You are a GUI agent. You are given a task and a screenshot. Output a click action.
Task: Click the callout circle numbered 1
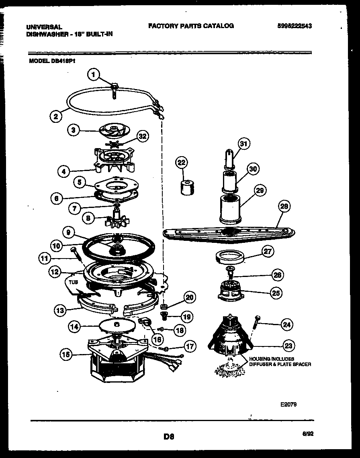93,74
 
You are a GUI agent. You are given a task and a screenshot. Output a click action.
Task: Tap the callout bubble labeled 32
141,136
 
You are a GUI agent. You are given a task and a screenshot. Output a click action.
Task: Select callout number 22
182,163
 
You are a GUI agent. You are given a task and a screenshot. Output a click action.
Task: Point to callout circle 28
284,207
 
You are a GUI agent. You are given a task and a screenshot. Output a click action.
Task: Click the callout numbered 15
66,354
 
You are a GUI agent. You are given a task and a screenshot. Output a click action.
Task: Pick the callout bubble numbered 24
286,325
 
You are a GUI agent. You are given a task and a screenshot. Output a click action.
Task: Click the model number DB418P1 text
52,61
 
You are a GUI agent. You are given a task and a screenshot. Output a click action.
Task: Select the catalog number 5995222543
295,26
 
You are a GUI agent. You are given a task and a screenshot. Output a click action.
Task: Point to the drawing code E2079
288,405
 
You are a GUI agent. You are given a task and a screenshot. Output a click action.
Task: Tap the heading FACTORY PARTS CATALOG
191,26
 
